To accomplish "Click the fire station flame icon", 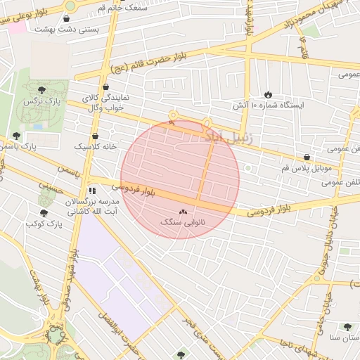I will point(268,94).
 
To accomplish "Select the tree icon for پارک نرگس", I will point(41,90).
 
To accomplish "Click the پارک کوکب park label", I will point(44,223).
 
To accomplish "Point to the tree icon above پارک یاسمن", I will point(16,136).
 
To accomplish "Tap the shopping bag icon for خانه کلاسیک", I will point(95,136).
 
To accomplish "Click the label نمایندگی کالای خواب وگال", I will point(105,102).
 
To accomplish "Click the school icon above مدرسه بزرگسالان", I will point(92,191).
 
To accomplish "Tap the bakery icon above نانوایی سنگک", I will point(184,211).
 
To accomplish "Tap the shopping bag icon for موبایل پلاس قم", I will point(306,157).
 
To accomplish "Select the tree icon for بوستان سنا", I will point(347,327).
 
